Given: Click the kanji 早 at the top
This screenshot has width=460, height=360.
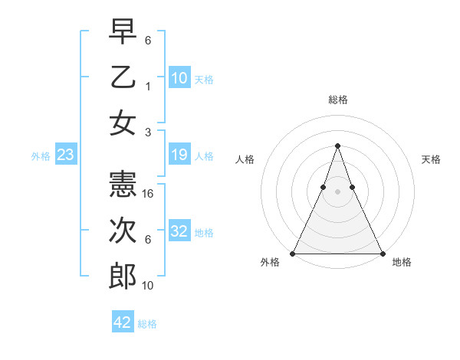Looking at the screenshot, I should pyautogui.click(x=123, y=31).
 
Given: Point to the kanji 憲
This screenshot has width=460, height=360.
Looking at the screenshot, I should pyautogui.click(x=123, y=182).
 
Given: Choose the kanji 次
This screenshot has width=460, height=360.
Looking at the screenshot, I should pyautogui.click(x=123, y=230).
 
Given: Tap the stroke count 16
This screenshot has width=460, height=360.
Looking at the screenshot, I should pyautogui.click(x=149, y=193).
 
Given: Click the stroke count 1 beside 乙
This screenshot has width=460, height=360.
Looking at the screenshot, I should pyautogui.click(x=148, y=87).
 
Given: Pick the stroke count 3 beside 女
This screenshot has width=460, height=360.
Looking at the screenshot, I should pyautogui.click(x=148, y=133).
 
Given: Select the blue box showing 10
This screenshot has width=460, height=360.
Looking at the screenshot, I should pyautogui.click(x=179, y=78).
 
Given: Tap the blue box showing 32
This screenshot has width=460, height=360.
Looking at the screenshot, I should pyautogui.click(x=179, y=232).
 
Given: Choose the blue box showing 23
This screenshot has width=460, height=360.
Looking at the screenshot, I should pyautogui.click(x=66, y=155).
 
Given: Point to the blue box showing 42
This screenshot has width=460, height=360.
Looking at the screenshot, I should pyautogui.click(x=123, y=322).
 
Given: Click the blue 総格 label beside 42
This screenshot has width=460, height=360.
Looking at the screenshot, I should pyautogui.click(x=147, y=324).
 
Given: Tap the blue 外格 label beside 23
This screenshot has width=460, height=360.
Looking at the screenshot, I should pyautogui.click(x=41, y=156).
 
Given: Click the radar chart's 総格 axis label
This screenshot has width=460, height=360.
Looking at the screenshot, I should pyautogui.click(x=337, y=100).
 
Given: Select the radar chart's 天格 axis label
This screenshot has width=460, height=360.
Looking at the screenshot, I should pyautogui.click(x=432, y=159).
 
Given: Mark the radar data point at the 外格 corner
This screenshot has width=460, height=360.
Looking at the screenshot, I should pyautogui.click(x=293, y=253).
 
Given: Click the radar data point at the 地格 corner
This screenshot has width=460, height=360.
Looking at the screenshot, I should pyautogui.click(x=382, y=253).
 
